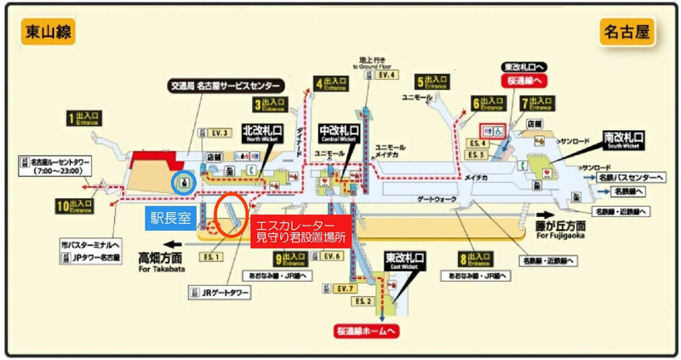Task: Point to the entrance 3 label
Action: tap(271, 106)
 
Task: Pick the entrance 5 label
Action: tap(432, 83)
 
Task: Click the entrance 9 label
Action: tap(292, 258)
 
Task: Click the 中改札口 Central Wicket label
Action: tap(339, 133)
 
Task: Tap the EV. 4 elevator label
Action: tap(388, 75)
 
